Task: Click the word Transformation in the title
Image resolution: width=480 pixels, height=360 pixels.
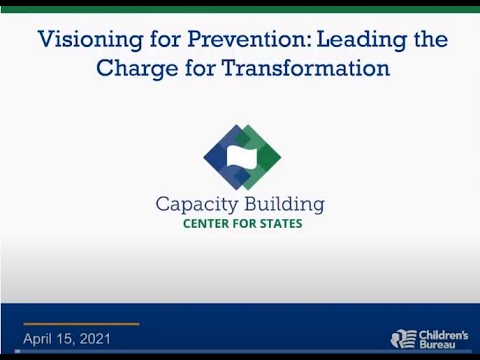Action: [307, 69]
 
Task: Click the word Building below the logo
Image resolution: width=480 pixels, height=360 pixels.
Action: [284, 205]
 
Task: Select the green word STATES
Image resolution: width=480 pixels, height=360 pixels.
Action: [279, 224]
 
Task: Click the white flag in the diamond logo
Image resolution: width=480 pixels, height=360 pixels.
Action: [241, 156]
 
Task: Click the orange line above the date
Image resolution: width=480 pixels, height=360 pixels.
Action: [81, 324]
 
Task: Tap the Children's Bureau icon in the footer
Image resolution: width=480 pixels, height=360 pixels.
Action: [402, 339]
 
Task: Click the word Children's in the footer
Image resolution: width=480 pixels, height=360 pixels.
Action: [442, 333]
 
